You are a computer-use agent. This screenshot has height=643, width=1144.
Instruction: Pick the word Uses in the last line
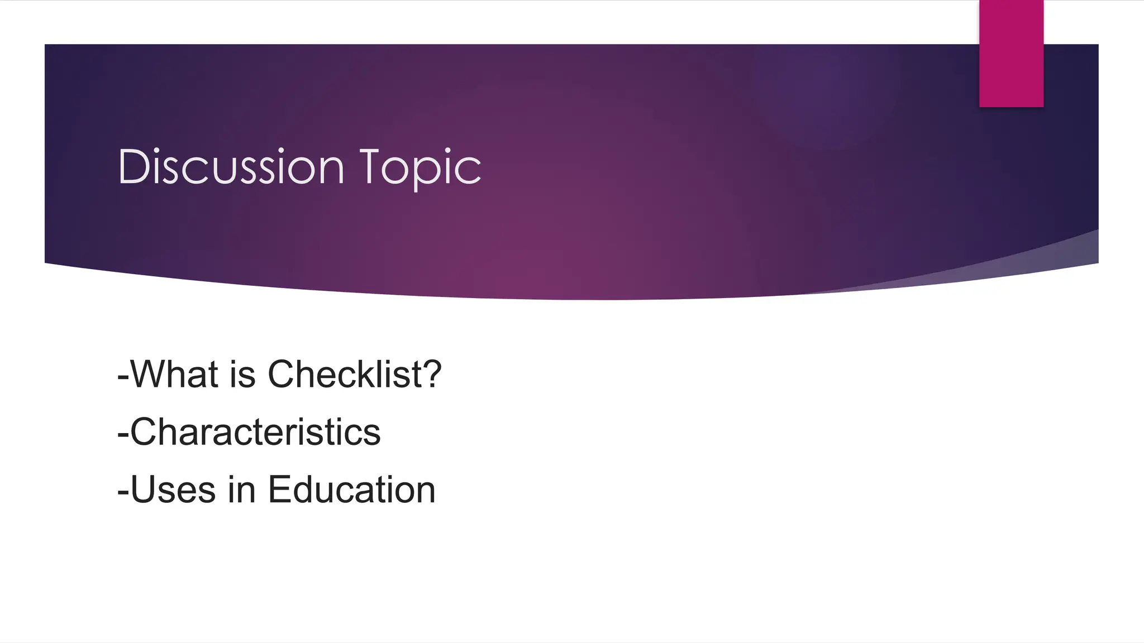173,490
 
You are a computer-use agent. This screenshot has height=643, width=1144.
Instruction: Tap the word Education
351,490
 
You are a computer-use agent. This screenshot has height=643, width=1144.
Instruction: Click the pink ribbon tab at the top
1011,53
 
